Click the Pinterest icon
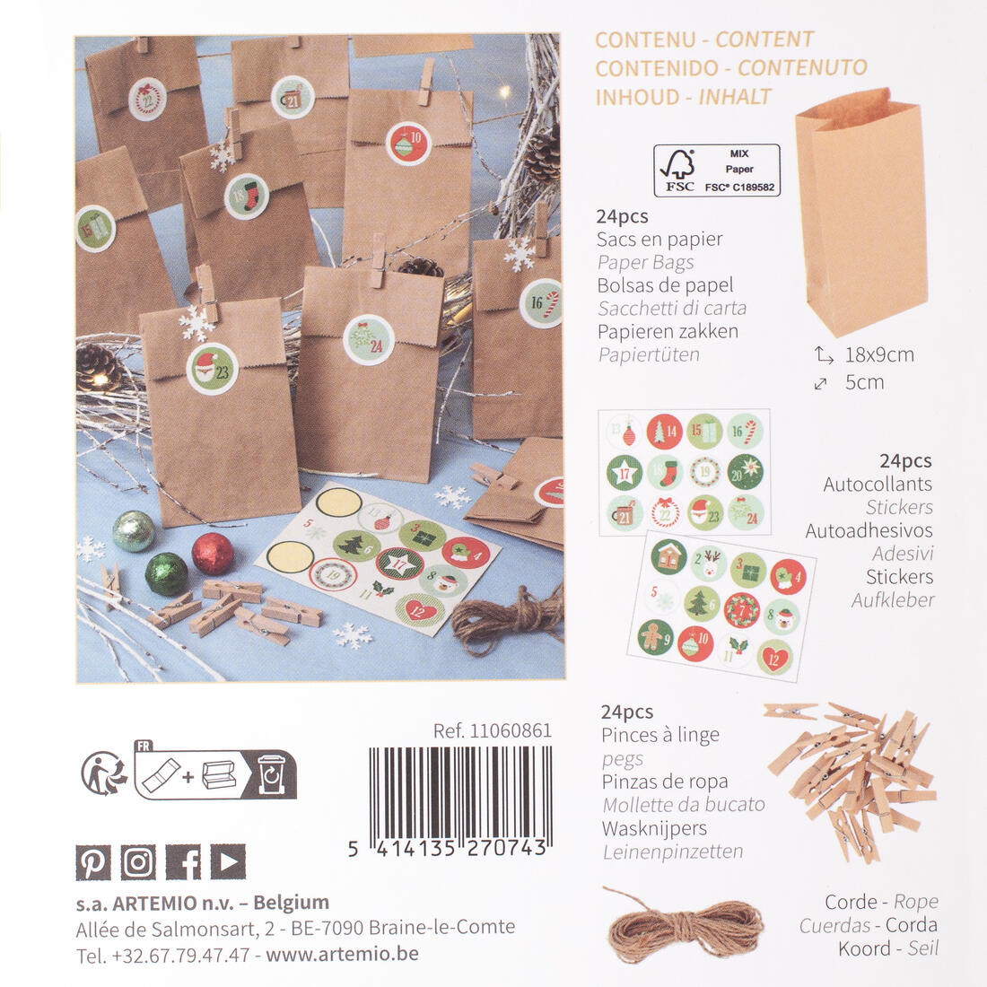(93, 861)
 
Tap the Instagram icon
(138, 861)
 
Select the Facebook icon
(183, 861)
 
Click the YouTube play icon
(228, 861)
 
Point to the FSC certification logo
(717, 170)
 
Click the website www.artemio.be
(343, 953)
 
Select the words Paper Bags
(646, 263)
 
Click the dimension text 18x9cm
(879, 354)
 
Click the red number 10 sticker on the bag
(408, 144)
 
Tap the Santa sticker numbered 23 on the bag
(212, 369)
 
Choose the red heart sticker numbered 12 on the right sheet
(774, 658)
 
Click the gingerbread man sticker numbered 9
(655, 636)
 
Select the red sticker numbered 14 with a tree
(665, 432)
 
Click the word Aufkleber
(893, 600)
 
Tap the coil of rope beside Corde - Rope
(683, 925)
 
